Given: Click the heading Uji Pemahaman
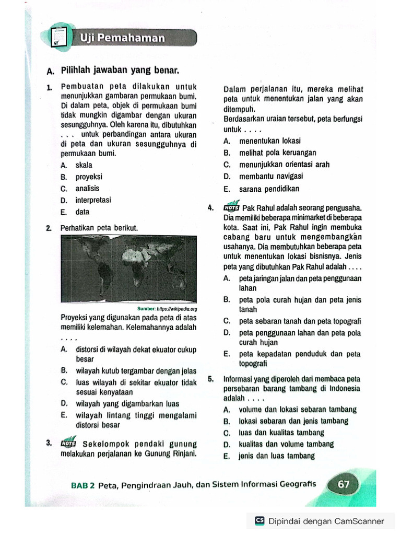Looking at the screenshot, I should click(122, 38).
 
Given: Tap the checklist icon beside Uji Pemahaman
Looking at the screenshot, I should click(61, 36).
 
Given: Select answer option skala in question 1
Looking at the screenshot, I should click(84, 165).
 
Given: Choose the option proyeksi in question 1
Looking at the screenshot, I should click(89, 177).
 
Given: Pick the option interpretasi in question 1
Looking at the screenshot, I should click(93, 200).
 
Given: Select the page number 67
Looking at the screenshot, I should click(344, 484).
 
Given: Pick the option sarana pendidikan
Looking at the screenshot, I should click(269, 189).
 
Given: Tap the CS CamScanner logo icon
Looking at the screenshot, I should click(260, 521).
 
